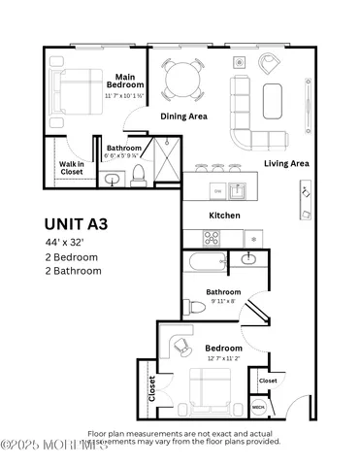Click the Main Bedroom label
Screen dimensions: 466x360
click(124, 82)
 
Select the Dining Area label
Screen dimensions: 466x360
click(183, 116)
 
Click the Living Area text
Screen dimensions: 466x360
click(286, 164)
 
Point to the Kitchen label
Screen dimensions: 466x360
click(225, 216)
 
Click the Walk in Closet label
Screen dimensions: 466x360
click(72, 169)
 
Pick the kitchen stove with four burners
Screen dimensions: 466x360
click(212, 237)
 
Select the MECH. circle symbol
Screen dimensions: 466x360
click(258, 409)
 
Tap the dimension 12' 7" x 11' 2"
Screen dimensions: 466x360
click(224, 358)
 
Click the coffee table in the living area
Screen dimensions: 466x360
click(275, 98)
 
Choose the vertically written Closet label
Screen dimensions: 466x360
click(151, 388)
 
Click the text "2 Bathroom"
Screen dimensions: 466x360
click(73, 271)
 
